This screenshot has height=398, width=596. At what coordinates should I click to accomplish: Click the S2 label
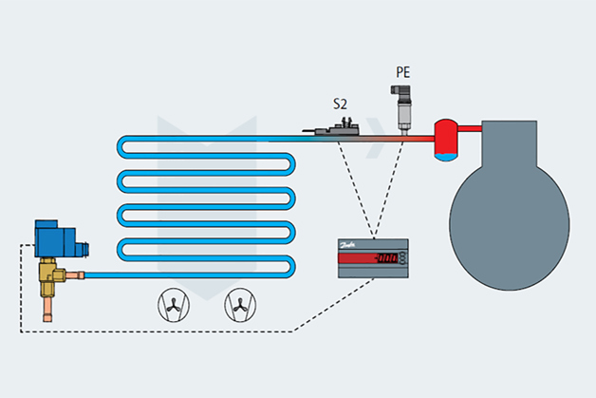(x=340, y=102)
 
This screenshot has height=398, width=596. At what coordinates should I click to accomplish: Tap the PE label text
(x=404, y=71)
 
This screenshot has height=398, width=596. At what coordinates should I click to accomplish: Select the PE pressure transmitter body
(x=404, y=104)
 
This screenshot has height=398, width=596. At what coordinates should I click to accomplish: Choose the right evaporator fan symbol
(x=239, y=306)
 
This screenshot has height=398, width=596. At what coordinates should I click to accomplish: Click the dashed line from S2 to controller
(x=355, y=185)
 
